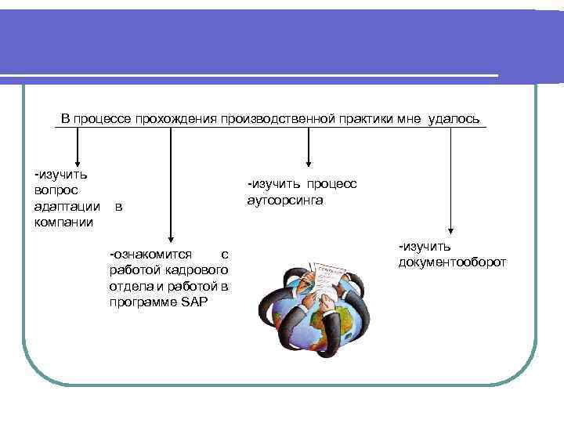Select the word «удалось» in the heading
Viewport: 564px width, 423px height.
tap(454, 118)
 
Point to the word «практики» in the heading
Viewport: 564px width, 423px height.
tap(364, 118)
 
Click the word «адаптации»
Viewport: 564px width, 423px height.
tap(67, 208)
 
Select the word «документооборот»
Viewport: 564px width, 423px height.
tap(452, 262)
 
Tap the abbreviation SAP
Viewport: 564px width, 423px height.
tap(194, 302)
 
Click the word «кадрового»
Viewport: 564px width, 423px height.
tap(198, 270)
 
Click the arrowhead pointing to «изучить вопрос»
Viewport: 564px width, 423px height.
tap(76, 160)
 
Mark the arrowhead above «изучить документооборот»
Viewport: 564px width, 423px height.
tap(450, 229)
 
